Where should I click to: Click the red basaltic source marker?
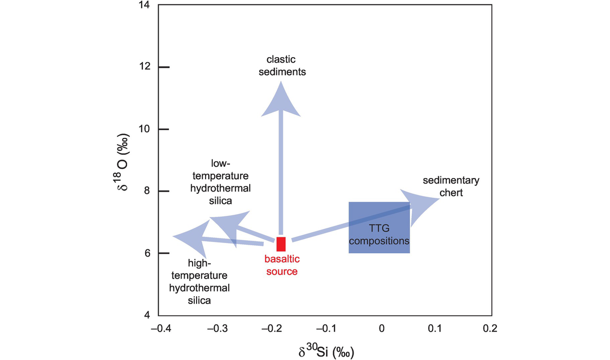coord(281,244)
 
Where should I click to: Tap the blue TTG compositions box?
coord(379,227)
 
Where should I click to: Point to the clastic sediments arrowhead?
coord(281,99)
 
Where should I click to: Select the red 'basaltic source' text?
coord(281,265)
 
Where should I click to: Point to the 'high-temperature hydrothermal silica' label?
coord(200,282)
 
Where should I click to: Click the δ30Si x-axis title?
coord(326,352)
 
